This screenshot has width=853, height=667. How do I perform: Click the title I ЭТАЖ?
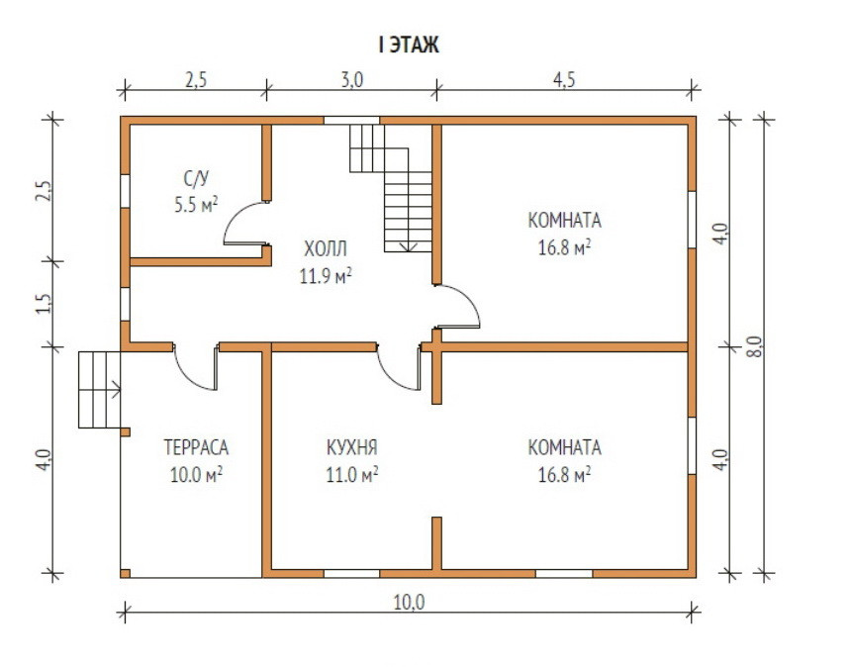[408, 45]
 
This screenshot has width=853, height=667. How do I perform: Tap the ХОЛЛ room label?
[327, 247]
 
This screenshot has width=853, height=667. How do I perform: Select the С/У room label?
[196, 178]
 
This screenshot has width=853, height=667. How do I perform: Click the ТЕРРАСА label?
[196, 447]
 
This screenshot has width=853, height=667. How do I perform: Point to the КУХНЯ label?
[351, 447]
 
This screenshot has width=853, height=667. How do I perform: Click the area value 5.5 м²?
[196, 205]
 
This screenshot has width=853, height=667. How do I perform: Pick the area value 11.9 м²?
[327, 275]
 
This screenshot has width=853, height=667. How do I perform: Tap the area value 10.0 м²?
[196, 474]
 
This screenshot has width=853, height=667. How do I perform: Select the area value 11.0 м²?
[351, 474]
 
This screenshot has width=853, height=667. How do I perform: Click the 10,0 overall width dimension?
[409, 601]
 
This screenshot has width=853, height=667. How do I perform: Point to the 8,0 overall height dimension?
[755, 346]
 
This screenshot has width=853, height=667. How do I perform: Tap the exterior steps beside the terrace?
[99, 389]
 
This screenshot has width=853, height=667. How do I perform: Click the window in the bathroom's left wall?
[125, 191]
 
